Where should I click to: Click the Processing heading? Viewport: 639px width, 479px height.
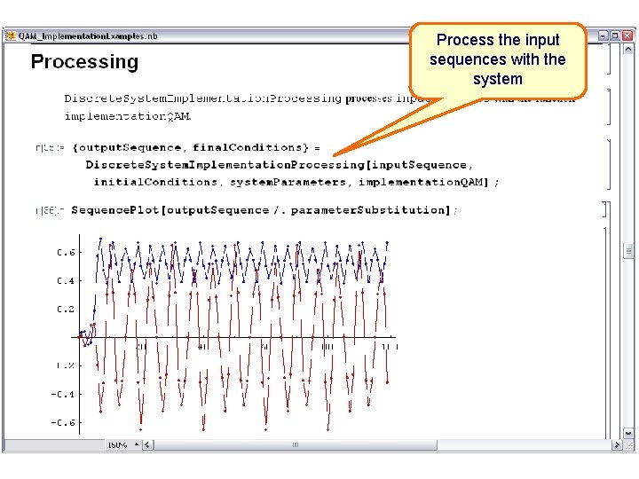[84, 62]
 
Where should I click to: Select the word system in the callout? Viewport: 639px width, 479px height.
[497, 79]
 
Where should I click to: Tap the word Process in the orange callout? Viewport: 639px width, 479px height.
[461, 40]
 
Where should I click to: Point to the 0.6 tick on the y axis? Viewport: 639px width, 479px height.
[66, 253]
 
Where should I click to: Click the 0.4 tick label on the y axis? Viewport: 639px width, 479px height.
[66, 281]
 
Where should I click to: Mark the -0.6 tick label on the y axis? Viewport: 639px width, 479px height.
[62, 423]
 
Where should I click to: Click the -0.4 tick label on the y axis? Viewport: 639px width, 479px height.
[62, 395]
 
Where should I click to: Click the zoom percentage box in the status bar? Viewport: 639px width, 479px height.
[118, 444]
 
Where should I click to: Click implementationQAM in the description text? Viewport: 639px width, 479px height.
[127, 116]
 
